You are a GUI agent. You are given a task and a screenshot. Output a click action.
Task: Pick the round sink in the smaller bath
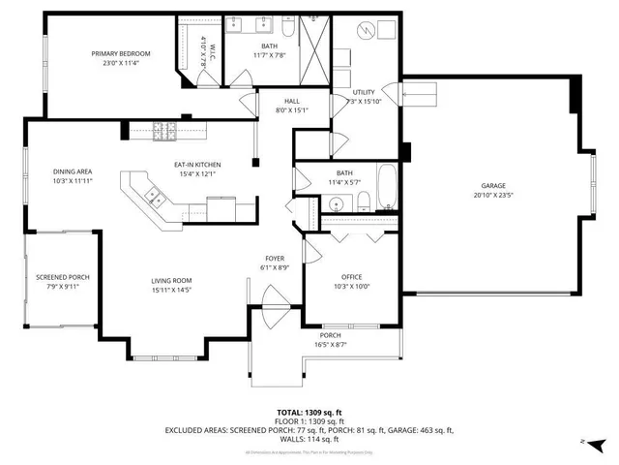tap(336, 202)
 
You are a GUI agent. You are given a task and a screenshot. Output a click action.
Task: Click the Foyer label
tap(275, 259)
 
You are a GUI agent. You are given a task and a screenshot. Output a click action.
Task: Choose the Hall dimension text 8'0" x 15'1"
tap(292, 109)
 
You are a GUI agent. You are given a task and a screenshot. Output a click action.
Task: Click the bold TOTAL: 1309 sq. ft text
tap(309, 413)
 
